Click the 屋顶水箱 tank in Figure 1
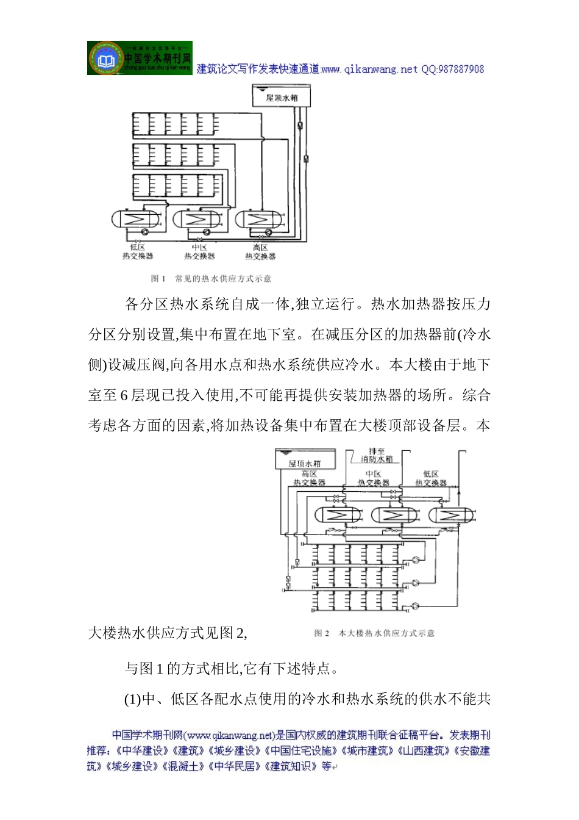(282, 97)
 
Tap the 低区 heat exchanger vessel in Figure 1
(137, 219)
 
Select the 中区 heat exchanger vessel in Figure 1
(198, 219)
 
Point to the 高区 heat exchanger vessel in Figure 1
(259, 219)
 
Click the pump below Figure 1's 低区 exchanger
(144, 232)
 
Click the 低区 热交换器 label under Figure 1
(137, 252)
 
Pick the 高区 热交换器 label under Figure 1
(260, 252)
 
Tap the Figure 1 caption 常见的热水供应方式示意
(223, 279)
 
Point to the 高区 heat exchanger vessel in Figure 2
(336, 515)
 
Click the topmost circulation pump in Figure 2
(416, 559)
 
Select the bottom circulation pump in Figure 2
(416, 605)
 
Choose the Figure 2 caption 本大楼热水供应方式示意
(387, 633)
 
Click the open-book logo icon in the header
(106, 59)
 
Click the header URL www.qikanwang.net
(369, 70)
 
